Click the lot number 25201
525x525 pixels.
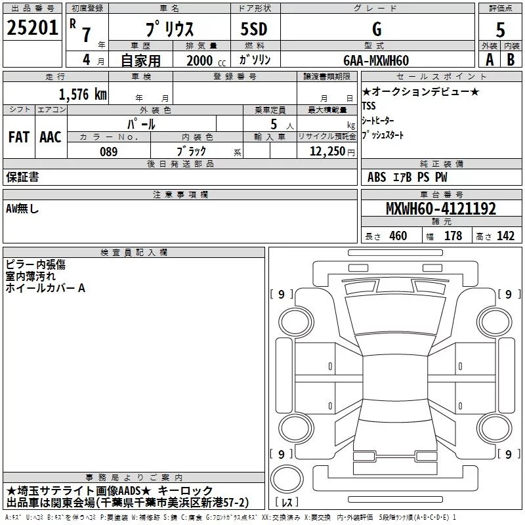[32, 29]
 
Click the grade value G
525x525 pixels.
[376, 30]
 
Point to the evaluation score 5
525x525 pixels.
[500, 30]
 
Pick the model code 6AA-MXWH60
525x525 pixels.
[376, 60]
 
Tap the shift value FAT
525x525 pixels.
[18, 137]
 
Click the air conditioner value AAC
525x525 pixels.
[51, 137]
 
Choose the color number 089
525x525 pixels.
[108, 152]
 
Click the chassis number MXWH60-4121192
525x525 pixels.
[440, 209]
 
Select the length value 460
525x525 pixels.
[398, 236]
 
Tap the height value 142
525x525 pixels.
[505, 236]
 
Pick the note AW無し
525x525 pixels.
[23, 209]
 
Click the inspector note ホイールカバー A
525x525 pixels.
[45, 288]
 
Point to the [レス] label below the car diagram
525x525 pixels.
[287, 503]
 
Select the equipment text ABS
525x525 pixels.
[377, 177]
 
